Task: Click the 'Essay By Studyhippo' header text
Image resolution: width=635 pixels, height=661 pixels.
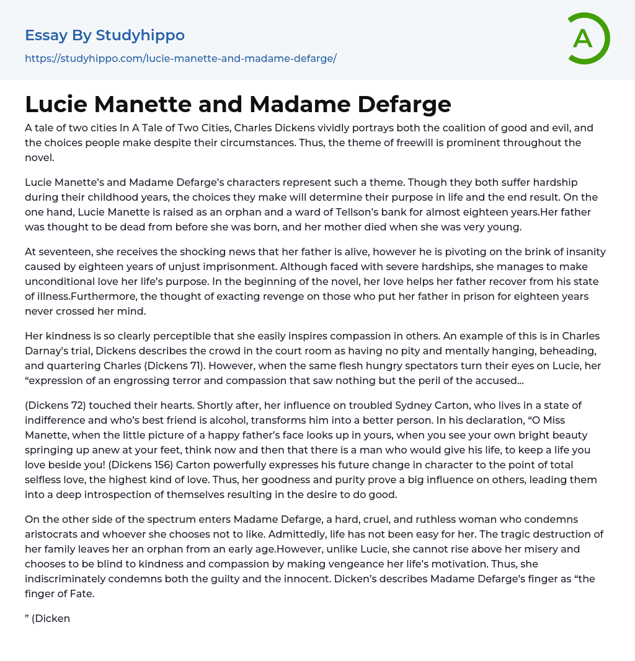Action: coord(105,35)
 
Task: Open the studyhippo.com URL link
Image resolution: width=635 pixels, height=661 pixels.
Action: coord(180,58)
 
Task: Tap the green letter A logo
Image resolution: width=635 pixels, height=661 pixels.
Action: coord(586,38)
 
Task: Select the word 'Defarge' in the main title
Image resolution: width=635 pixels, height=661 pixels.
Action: coord(404,104)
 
